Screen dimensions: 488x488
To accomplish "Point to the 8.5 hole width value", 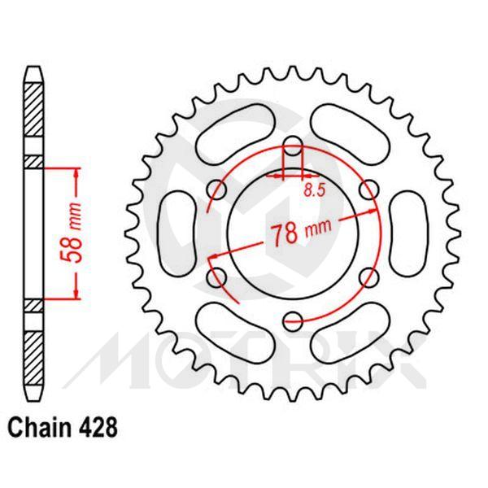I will point(311,190).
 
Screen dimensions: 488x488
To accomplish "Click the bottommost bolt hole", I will point(293,320).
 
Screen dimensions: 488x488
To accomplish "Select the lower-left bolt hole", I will point(217,277).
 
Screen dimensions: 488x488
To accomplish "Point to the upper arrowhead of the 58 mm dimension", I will point(76,173).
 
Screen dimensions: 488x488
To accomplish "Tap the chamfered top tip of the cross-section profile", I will point(33,72).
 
